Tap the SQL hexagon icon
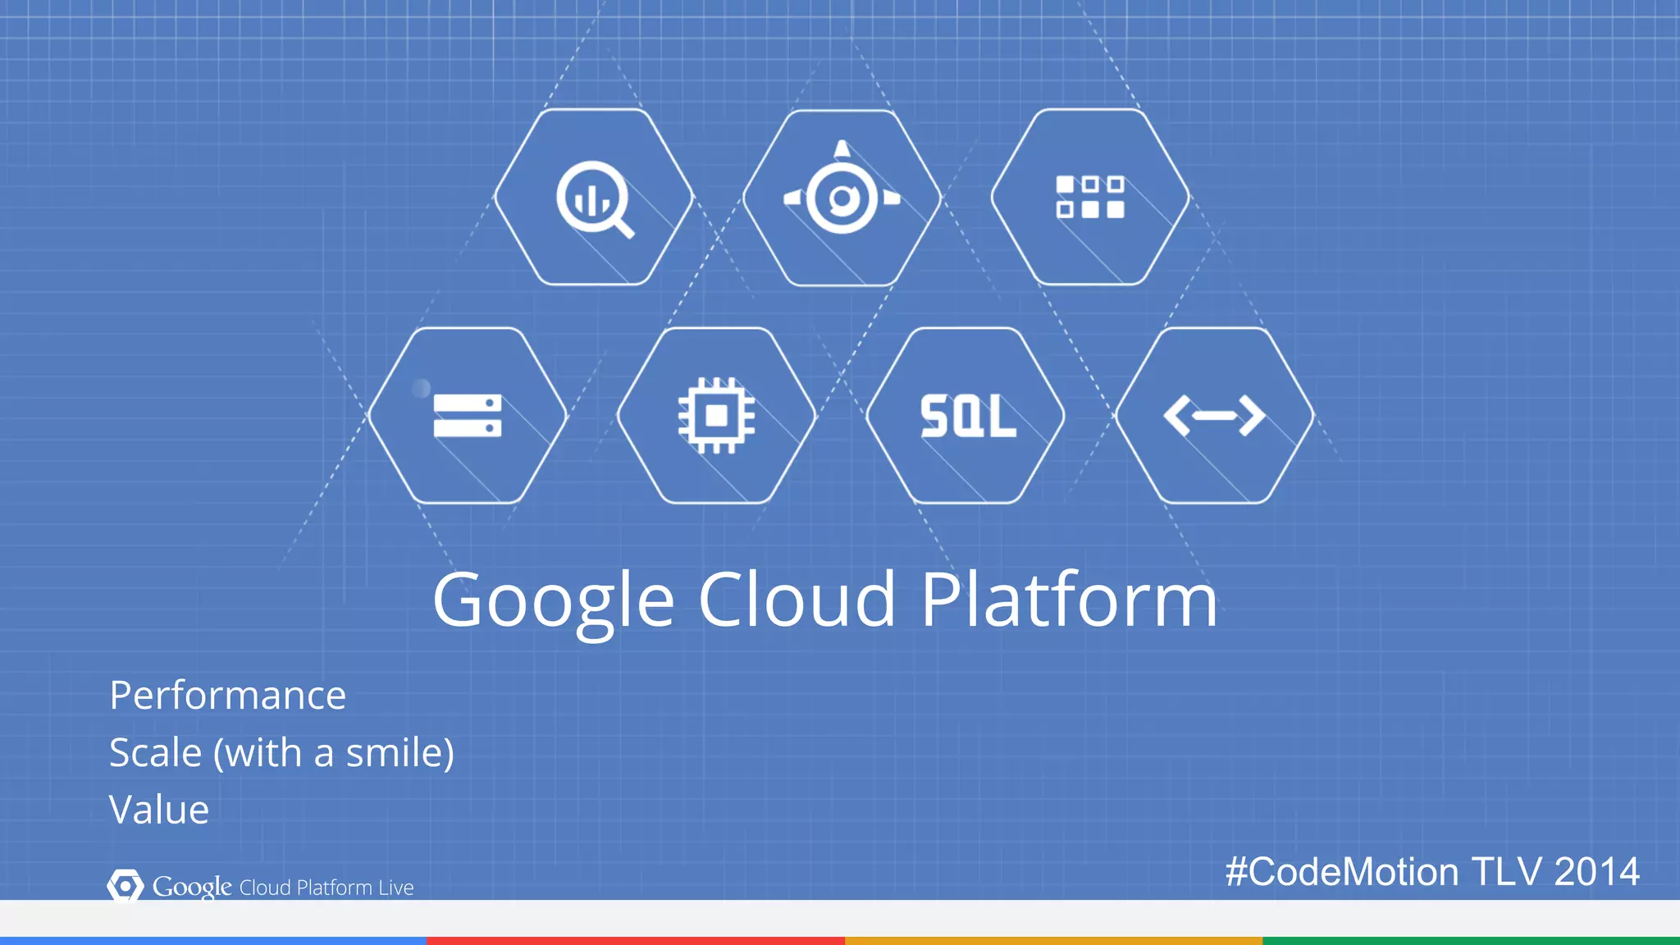pyautogui.click(x=967, y=416)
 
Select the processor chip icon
pyautogui.click(x=716, y=415)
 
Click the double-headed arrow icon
pyautogui.click(x=1214, y=415)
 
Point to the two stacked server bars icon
pyautogui.click(x=467, y=415)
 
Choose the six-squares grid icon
pyautogui.click(x=1089, y=197)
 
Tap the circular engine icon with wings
pyautogui.click(x=842, y=197)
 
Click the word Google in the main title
pyautogui.click(x=554, y=600)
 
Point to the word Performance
pyautogui.click(x=228, y=696)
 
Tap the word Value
pyautogui.click(x=159, y=810)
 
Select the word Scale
pyautogui.click(x=156, y=752)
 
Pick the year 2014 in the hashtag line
pyautogui.click(x=1596, y=871)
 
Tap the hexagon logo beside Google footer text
pyautogui.click(x=125, y=886)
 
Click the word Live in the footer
pyautogui.click(x=396, y=888)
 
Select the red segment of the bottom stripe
pyautogui.click(x=636, y=940)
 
